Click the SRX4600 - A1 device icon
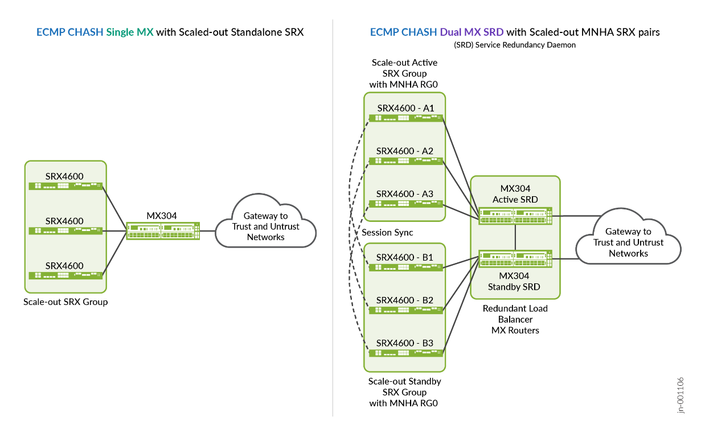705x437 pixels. pyautogui.click(x=405, y=118)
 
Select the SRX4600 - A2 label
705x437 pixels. pyautogui.click(x=404, y=151)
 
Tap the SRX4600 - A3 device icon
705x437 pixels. pyautogui.click(x=405, y=204)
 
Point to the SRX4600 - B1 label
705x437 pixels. pyautogui.click(x=404, y=257)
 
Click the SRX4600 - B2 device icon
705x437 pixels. pyautogui.click(x=405, y=310)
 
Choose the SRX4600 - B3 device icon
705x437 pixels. pyautogui.click(x=405, y=353)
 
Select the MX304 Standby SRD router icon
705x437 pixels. pyautogui.click(x=515, y=259)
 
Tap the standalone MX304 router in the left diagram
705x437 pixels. pyautogui.click(x=162, y=230)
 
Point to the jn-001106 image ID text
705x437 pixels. pyautogui.click(x=681, y=395)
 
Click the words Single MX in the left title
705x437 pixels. pyautogui.click(x=130, y=32)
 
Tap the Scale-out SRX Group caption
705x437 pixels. pyautogui.click(x=65, y=302)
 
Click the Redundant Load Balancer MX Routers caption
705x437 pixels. pyautogui.click(x=515, y=319)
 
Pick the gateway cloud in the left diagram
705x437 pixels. pyautogui.click(x=265, y=226)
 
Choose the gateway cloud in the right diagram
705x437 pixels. pyautogui.click(x=628, y=242)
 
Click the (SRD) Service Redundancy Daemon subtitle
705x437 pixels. pyautogui.click(x=515, y=45)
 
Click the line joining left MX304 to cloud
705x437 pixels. pyautogui.click(x=208, y=230)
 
